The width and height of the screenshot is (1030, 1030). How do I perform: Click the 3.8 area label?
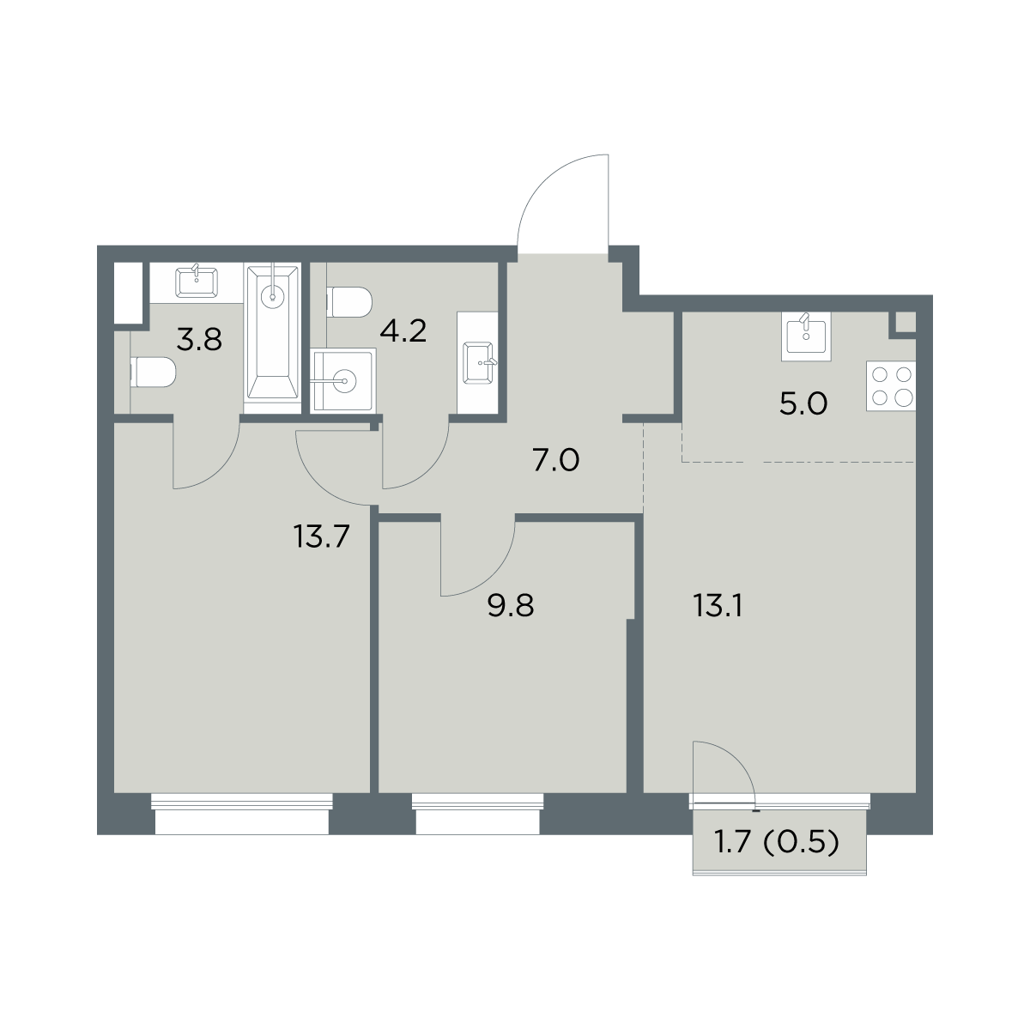(x=199, y=340)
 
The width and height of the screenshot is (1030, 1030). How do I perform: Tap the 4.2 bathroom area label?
(x=403, y=331)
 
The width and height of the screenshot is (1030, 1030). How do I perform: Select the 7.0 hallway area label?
(x=556, y=461)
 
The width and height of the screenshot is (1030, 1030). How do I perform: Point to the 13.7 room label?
(x=321, y=536)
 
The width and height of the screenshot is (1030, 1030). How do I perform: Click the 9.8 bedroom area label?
(x=511, y=607)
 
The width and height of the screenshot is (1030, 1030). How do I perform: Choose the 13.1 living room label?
(x=718, y=607)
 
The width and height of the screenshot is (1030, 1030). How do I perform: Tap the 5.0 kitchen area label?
(x=803, y=403)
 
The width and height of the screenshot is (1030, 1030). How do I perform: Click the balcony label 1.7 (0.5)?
(x=777, y=843)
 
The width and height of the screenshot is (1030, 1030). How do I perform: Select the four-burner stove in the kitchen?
(x=891, y=386)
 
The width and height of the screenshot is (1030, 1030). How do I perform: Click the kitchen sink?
(x=806, y=336)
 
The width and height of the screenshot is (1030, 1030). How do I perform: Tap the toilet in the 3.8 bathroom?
(x=153, y=373)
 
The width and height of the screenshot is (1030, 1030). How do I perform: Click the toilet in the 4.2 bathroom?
(x=349, y=302)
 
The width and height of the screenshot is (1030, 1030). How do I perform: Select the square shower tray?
(x=343, y=380)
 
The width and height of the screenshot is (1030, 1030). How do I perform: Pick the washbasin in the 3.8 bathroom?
(x=197, y=282)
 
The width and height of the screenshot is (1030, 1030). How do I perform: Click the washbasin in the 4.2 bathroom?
(x=479, y=363)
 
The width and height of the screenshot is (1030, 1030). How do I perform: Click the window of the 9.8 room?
(x=477, y=812)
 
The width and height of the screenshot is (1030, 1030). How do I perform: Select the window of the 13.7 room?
(x=241, y=812)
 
